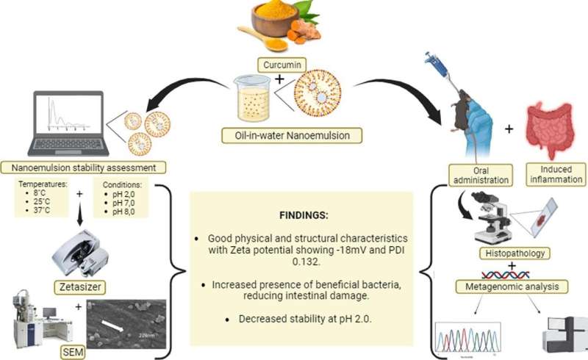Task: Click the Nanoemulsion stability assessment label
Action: click(x=82, y=167)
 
